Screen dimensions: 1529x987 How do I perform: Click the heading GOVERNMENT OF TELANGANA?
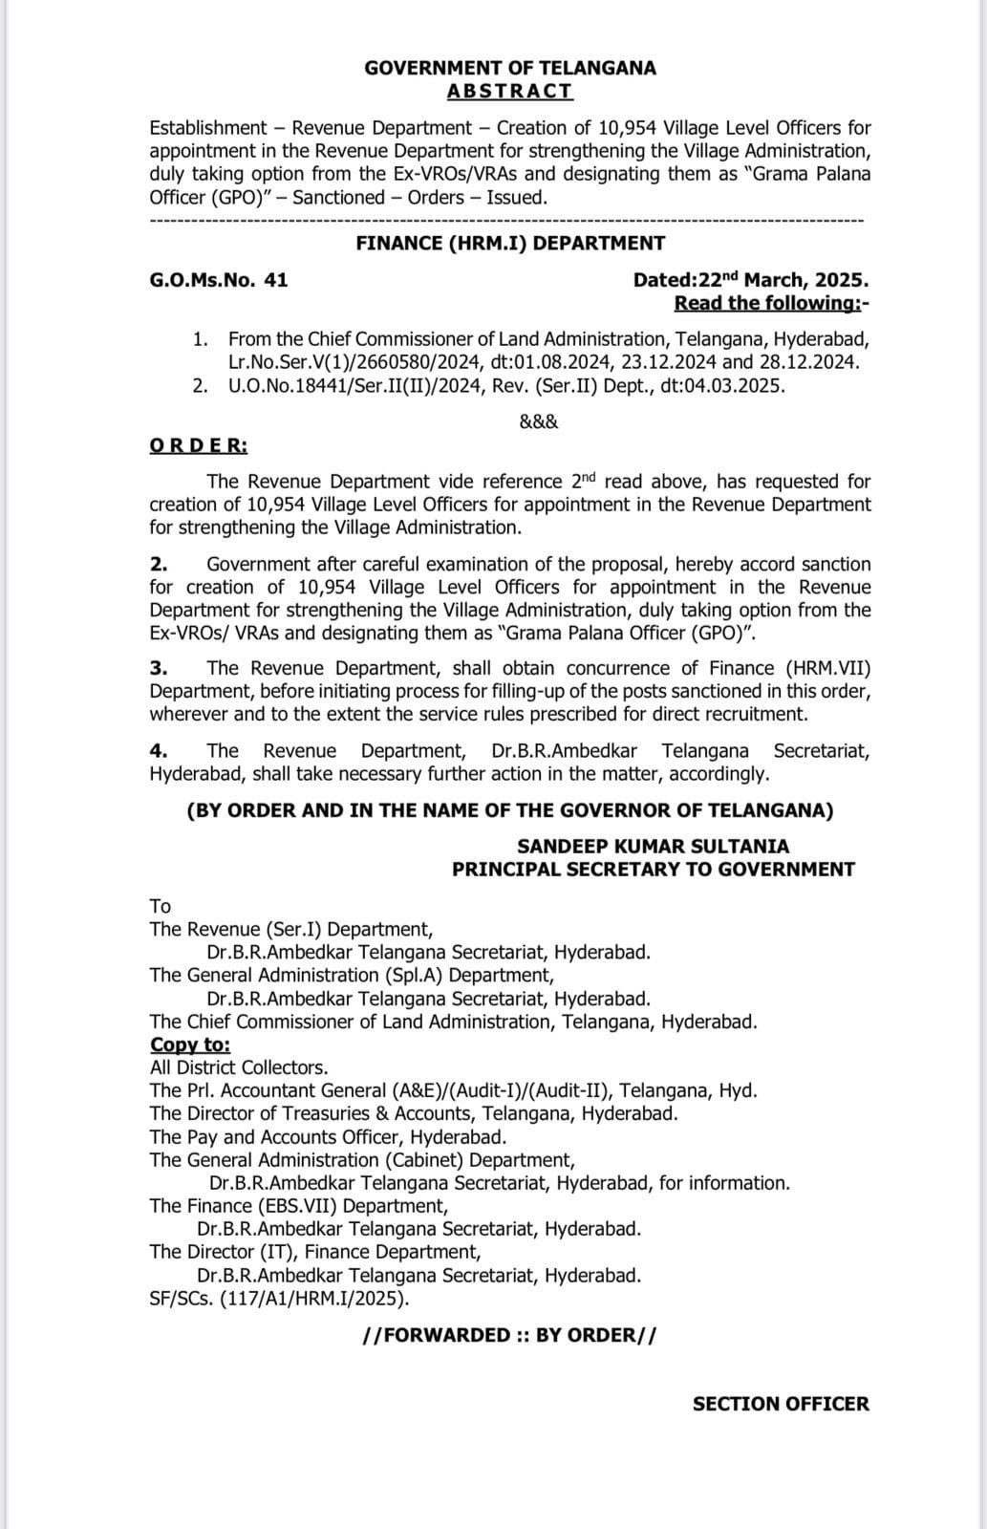(510, 68)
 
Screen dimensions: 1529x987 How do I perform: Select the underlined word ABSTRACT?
(510, 92)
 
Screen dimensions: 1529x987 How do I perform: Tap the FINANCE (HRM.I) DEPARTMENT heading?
(510, 244)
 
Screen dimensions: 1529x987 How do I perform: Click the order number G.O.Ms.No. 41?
(219, 281)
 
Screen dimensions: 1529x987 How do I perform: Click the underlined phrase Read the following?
(769, 304)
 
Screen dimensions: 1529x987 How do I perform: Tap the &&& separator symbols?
(539, 421)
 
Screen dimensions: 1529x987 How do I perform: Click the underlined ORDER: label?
(198, 446)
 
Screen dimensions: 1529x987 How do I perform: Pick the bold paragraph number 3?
(159, 668)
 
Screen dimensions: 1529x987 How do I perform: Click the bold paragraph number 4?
(159, 751)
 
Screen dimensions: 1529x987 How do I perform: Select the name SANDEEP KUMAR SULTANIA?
(654, 847)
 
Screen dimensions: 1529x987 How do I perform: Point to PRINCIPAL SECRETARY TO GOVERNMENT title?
(654, 870)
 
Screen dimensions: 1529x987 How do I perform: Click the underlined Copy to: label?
(190, 1044)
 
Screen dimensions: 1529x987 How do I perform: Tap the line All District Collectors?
(239, 1067)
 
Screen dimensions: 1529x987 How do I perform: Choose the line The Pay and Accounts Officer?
(328, 1137)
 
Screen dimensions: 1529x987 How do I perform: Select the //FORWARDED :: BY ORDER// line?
(510, 1335)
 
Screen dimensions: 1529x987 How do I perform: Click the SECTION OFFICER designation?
(781, 1404)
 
